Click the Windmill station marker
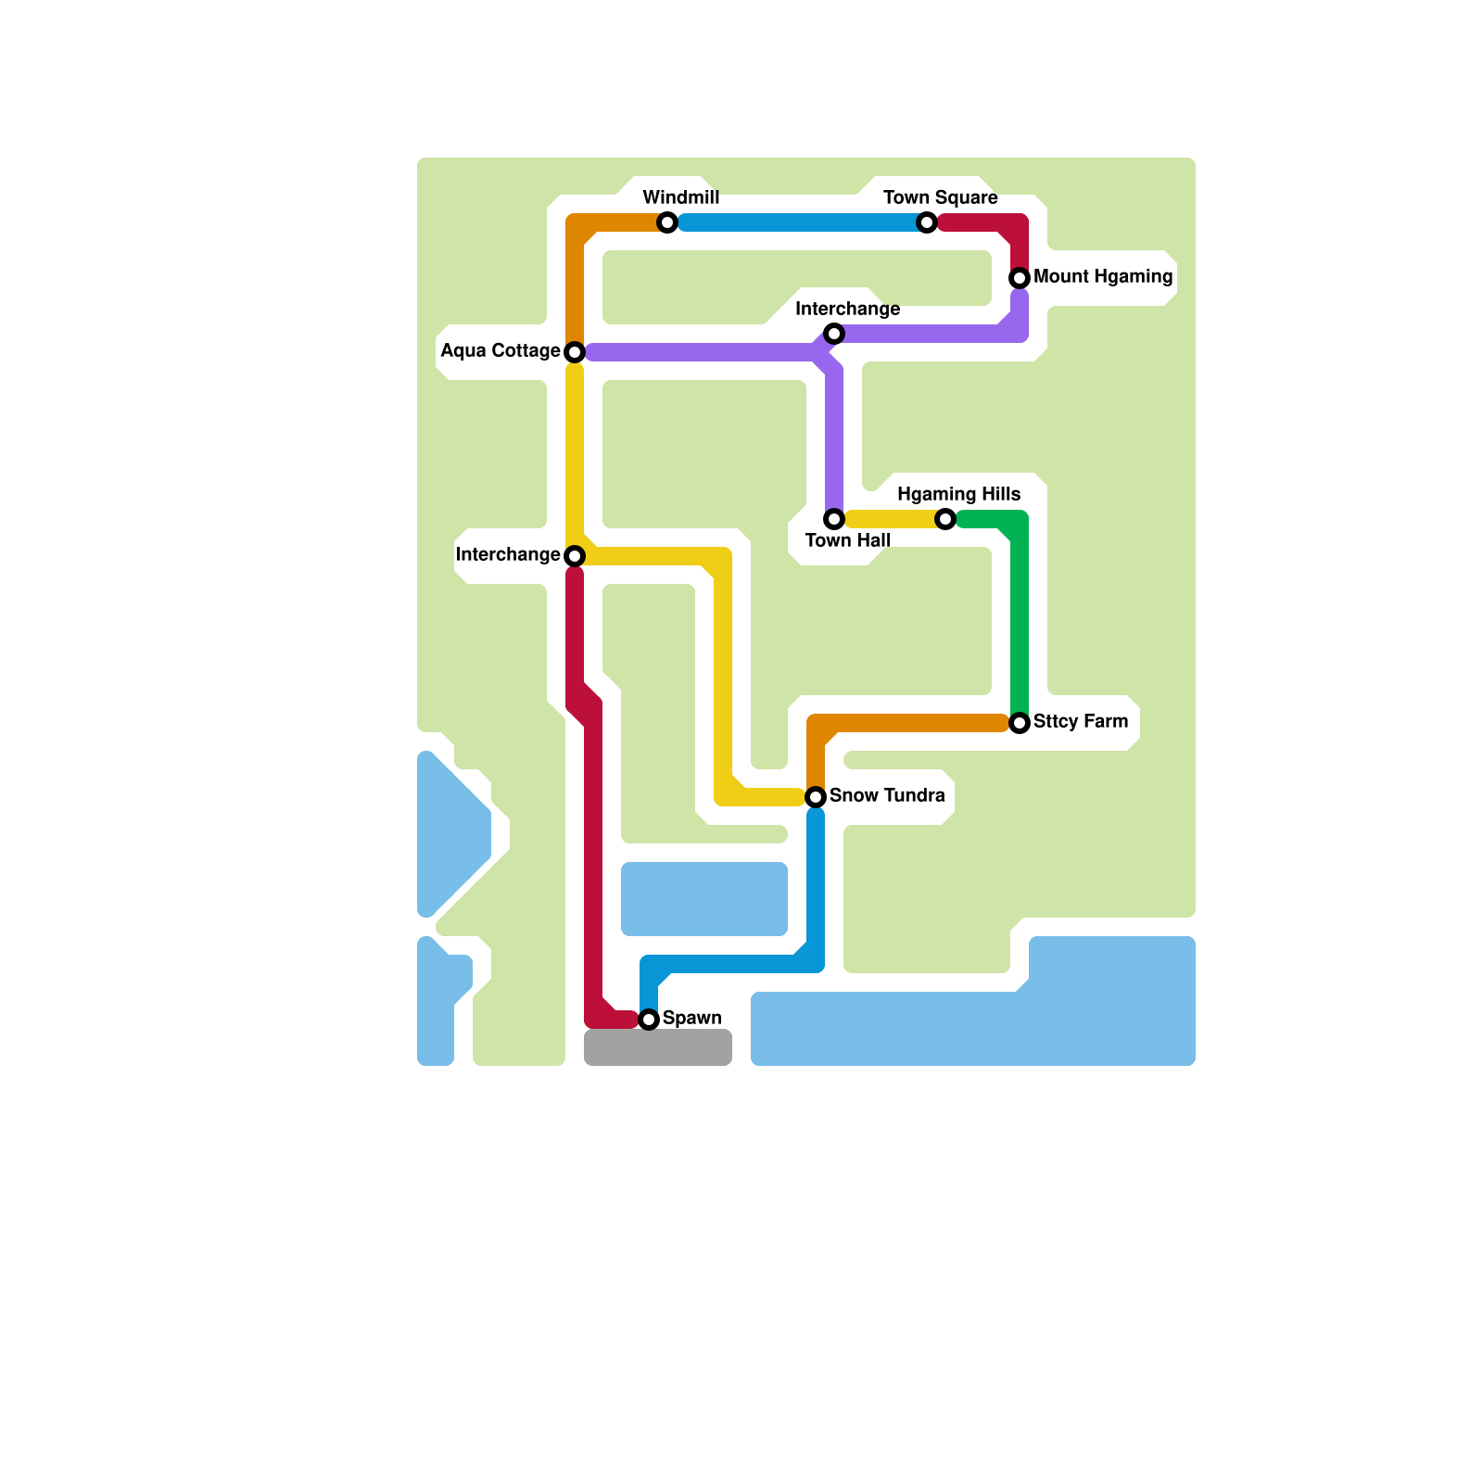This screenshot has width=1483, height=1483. pos(667,222)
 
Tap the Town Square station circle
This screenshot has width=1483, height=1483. pos(927,222)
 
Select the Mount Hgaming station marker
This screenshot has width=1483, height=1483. pos(1020,278)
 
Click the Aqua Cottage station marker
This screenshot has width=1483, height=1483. pos(575,352)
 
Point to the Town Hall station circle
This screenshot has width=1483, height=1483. pos(834,519)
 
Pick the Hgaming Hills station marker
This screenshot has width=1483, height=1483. pos(945,519)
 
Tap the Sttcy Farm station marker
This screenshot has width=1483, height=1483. pos(1020,723)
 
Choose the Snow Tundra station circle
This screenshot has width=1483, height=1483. pos(816,797)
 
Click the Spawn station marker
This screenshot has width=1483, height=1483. pos(649,1020)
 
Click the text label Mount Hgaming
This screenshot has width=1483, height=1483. pos(1103,276)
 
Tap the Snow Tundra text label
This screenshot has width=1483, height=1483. pos(887,795)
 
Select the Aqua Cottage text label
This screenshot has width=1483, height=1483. pos(501,350)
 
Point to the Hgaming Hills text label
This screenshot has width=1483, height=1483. pos(958,494)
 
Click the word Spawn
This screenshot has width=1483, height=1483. pos(691,1018)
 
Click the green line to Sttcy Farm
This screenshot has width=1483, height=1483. pos(1020,621)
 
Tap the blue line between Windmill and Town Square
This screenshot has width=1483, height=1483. pos(797,222)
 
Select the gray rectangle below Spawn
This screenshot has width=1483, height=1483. pos(658,1047)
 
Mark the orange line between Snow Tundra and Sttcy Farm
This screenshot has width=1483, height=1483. pos(908,723)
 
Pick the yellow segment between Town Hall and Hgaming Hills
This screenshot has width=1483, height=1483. pos(890,519)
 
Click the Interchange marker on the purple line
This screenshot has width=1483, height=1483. pos(834,334)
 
